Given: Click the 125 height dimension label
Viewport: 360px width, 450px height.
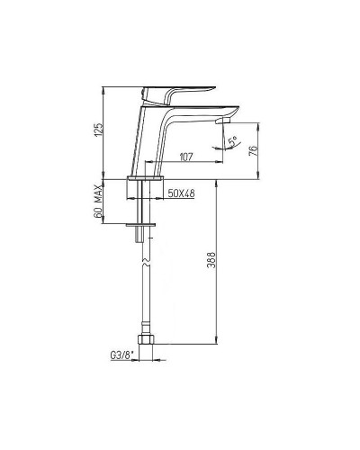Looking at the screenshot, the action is click(x=99, y=130).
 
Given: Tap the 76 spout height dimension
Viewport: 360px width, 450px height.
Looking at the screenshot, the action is click(x=253, y=151).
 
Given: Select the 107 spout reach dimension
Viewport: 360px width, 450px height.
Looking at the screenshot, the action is click(x=186, y=157).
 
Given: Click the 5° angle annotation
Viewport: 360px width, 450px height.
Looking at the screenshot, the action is click(x=232, y=141).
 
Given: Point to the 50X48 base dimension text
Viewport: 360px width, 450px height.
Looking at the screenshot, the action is click(x=181, y=193).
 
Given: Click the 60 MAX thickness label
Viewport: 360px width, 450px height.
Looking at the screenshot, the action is click(x=98, y=202).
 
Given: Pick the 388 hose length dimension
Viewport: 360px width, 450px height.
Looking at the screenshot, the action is click(x=211, y=260).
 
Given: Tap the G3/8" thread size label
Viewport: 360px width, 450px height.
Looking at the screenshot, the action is click(x=121, y=355).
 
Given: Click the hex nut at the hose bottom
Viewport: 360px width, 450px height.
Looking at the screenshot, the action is click(x=146, y=339).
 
